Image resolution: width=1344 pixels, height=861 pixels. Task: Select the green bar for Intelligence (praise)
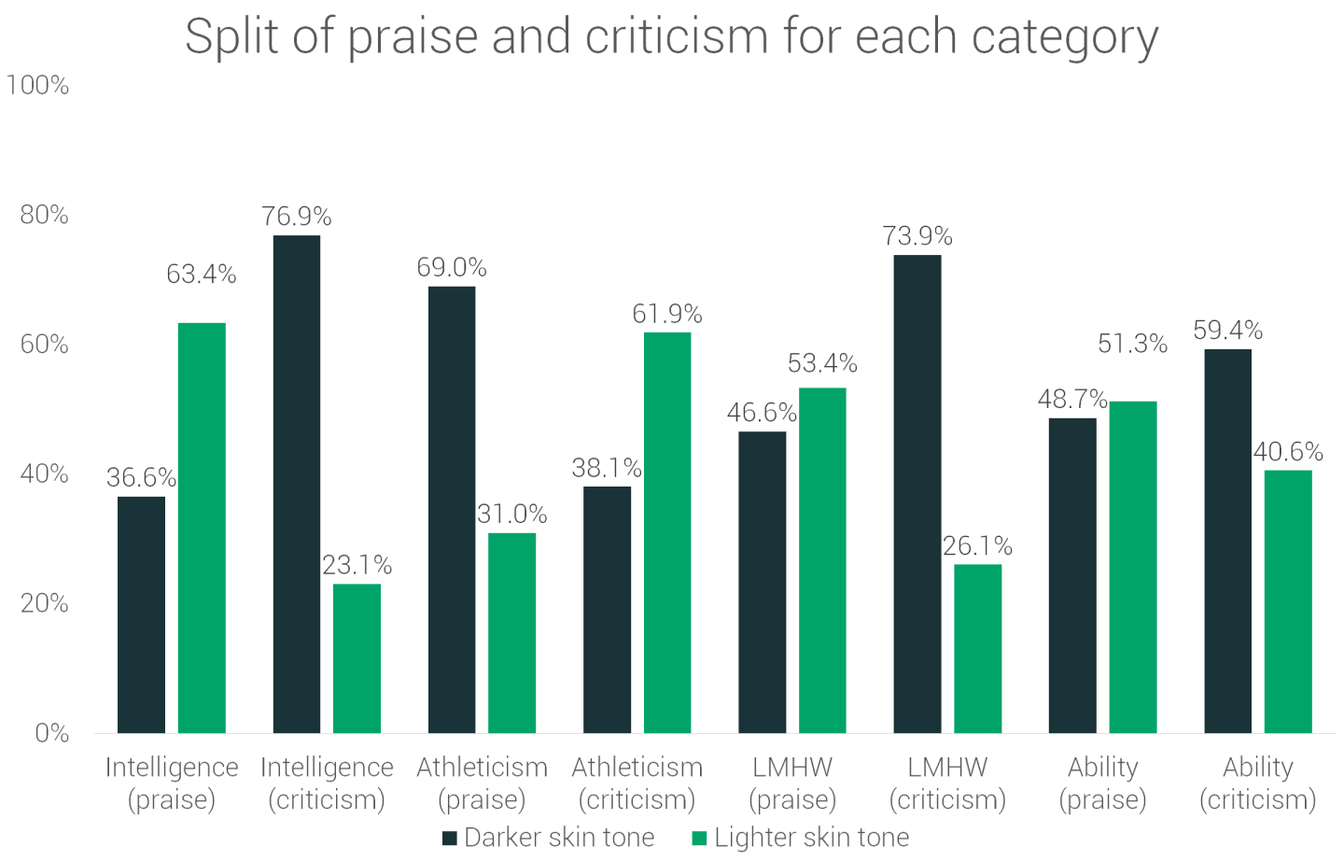[202, 528]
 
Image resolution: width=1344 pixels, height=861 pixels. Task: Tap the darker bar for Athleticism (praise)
[452, 509]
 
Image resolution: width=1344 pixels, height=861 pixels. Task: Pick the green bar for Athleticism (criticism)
[667, 532]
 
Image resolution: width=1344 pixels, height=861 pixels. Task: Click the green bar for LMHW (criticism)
[977, 648]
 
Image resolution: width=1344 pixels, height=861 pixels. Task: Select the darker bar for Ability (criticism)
[1227, 541]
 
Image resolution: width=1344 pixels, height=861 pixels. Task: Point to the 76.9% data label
[297, 217]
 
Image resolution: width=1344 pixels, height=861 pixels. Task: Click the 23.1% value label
[357, 565]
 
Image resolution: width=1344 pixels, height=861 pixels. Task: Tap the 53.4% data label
[822, 363]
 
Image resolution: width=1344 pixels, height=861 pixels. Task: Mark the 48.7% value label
[1072, 400]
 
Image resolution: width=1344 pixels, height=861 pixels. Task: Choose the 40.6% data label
[1288, 452]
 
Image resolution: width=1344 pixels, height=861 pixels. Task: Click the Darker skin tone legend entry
[549, 838]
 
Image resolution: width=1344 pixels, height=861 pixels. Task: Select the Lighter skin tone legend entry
[801, 838]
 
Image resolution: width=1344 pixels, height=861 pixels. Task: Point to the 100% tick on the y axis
[37, 86]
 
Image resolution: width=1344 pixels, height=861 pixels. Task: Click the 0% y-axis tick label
[52, 733]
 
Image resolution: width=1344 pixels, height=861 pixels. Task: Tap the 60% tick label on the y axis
[45, 345]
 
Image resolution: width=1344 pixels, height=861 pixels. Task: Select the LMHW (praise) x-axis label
[792, 783]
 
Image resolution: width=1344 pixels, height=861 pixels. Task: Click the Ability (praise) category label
[1102, 783]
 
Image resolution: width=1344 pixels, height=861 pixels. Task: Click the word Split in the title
[231, 37]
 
